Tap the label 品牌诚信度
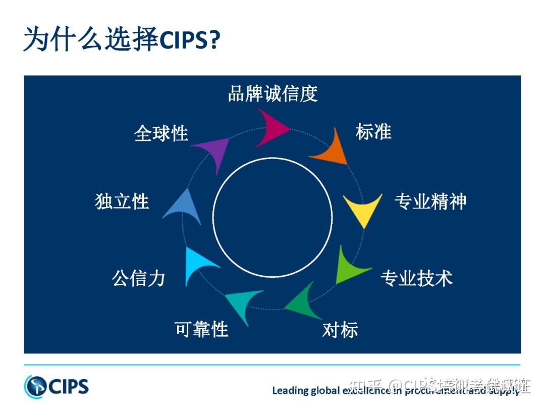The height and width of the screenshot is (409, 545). pyautogui.click(x=272, y=94)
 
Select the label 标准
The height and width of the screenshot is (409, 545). pyautogui.click(x=373, y=132)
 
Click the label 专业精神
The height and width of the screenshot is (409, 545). pyautogui.click(x=430, y=201)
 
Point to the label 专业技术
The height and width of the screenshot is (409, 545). pyautogui.click(x=416, y=278)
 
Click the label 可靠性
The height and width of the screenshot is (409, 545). pyautogui.click(x=202, y=329)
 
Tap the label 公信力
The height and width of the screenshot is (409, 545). pyautogui.click(x=139, y=278)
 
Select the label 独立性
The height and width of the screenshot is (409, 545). pyautogui.click(x=122, y=201)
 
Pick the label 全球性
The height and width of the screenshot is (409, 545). pyautogui.click(x=161, y=133)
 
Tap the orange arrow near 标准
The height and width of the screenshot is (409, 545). pyautogui.click(x=331, y=149)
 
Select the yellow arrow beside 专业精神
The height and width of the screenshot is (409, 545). pyautogui.click(x=362, y=209)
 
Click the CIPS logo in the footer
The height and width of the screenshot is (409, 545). pyautogui.click(x=56, y=387)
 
